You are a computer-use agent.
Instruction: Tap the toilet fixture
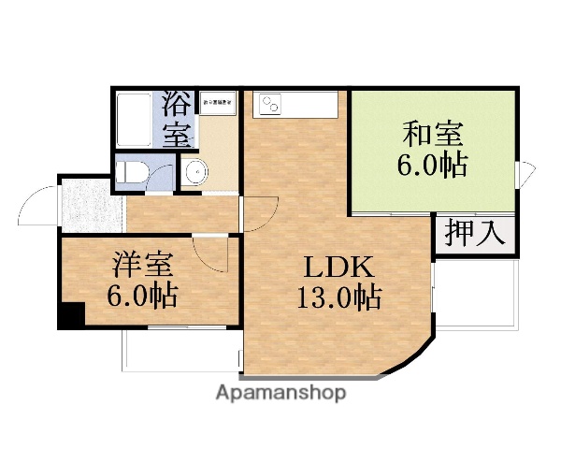click(x=131, y=171)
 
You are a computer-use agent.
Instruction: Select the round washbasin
click(x=194, y=172)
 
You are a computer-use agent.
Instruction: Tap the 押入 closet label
click(x=474, y=231)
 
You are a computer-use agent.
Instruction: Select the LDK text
click(x=337, y=268)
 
